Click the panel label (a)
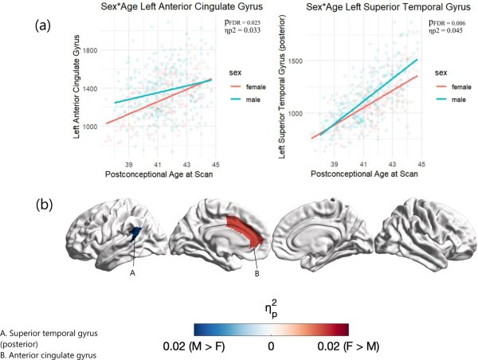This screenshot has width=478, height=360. point(45,25)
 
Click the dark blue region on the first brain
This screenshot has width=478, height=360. point(136,234)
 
